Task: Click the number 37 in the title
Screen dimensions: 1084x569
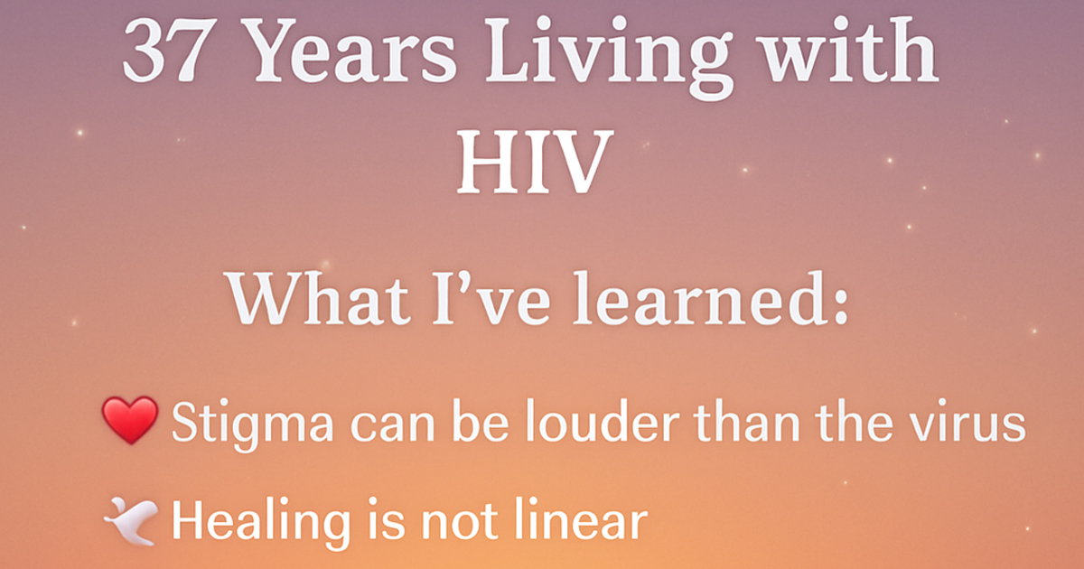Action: [x=164, y=50]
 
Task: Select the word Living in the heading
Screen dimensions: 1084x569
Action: [x=607, y=57]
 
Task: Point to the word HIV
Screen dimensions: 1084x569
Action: [x=533, y=162]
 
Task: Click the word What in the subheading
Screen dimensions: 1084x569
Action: [x=320, y=297]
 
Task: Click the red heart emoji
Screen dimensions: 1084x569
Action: [x=130, y=419]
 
